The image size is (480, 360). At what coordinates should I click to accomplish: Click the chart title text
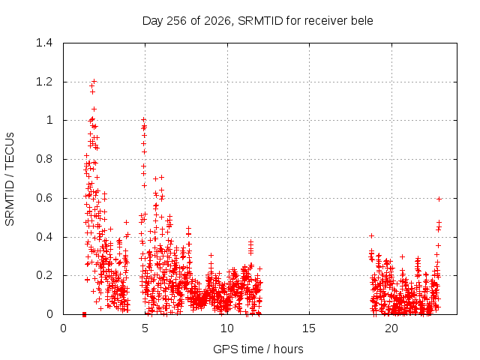(x=258, y=21)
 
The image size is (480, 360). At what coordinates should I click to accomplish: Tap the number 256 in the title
(x=177, y=21)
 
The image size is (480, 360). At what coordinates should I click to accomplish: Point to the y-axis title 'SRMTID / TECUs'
(x=10, y=179)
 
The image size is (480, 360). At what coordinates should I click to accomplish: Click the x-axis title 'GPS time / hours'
(x=258, y=349)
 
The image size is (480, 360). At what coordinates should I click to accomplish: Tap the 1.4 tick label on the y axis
(x=44, y=43)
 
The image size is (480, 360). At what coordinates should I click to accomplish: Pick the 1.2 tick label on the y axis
(x=44, y=82)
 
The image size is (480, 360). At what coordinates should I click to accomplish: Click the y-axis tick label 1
(x=49, y=120)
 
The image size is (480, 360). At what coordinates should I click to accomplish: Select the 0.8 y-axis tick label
(x=44, y=159)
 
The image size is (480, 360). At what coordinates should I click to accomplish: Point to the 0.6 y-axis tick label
(x=44, y=198)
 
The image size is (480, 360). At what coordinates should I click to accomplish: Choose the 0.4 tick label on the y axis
(x=44, y=237)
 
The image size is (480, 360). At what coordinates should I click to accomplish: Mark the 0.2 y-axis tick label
(x=44, y=275)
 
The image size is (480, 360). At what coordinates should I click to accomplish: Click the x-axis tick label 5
(x=145, y=328)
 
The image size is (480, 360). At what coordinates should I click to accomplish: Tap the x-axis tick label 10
(x=227, y=328)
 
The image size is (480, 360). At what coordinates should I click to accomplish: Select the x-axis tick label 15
(x=309, y=328)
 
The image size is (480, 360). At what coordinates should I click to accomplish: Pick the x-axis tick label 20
(x=391, y=328)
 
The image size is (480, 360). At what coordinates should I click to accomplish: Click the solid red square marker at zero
(x=84, y=314)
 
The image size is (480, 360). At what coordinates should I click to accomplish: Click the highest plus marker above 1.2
(x=94, y=81)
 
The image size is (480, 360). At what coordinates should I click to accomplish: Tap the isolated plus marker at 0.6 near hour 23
(x=439, y=199)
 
